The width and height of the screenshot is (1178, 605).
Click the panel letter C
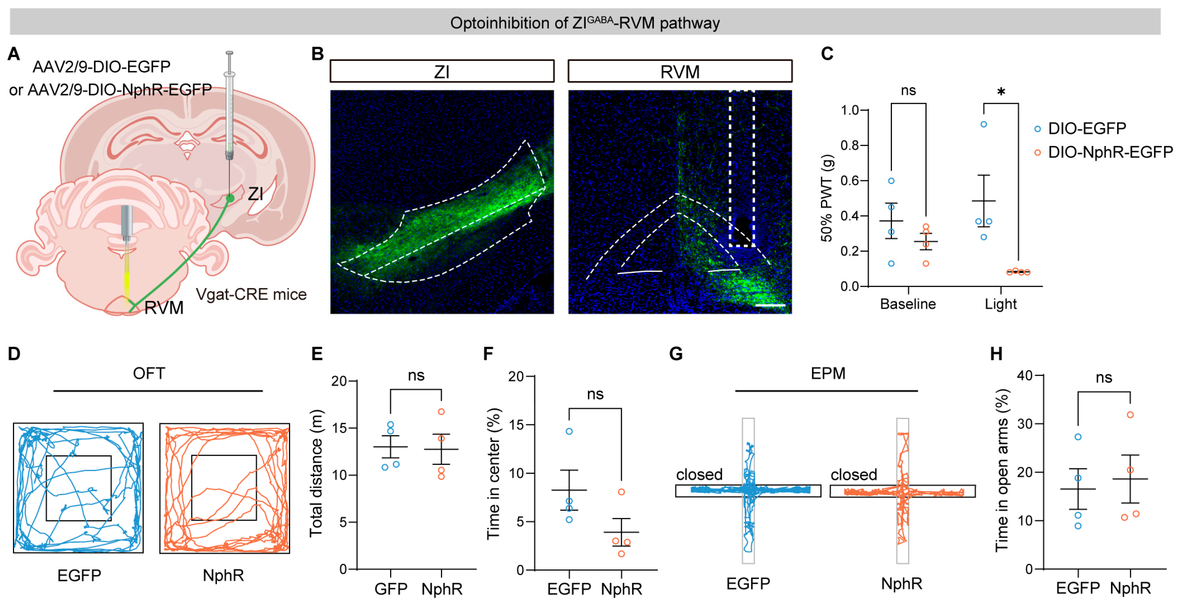click(827, 54)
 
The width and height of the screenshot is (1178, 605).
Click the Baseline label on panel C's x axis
click(907, 304)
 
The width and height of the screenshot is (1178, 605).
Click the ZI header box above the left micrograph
click(442, 71)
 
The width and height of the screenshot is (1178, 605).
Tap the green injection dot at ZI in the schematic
click(230, 198)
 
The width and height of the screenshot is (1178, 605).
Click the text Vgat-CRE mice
click(251, 294)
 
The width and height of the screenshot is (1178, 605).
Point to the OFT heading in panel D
click(149, 374)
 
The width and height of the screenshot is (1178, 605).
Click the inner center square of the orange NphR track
click(224, 487)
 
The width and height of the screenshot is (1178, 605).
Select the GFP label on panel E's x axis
click(391, 588)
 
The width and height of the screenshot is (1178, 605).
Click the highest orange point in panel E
click(441, 411)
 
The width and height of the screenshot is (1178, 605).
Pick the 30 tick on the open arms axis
click(1025, 424)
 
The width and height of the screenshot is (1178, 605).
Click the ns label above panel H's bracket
click(1103, 378)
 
